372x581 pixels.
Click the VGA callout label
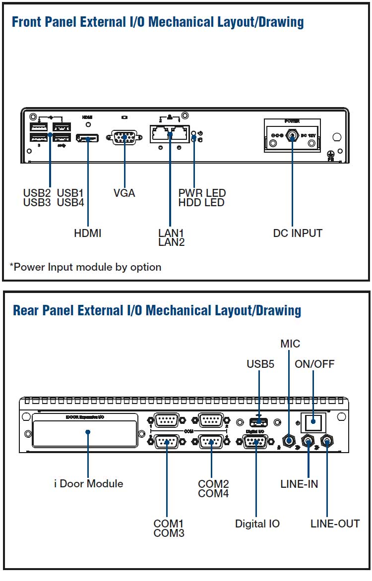pyautogui.click(x=124, y=193)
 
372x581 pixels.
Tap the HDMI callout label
pyautogui.click(x=88, y=232)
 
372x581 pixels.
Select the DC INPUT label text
pyautogui.click(x=298, y=232)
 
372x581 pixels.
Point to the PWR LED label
pyautogui.click(x=202, y=193)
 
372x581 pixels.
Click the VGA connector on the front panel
pyautogui.click(x=124, y=137)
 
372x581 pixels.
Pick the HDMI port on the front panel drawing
pyautogui.click(x=87, y=137)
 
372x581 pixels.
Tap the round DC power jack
pyautogui.click(x=293, y=135)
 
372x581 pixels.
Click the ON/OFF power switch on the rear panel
pyautogui.click(x=313, y=423)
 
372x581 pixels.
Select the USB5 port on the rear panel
pyautogui.click(x=258, y=422)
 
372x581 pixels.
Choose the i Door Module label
pyautogui.click(x=88, y=483)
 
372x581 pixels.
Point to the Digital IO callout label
pyautogui.click(x=257, y=523)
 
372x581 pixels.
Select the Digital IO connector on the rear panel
pyautogui.click(x=256, y=441)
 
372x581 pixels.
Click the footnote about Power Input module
pyautogui.click(x=85, y=267)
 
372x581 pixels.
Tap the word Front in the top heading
pyautogui.click(x=26, y=22)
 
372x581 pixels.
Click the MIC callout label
pyautogui.click(x=290, y=344)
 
